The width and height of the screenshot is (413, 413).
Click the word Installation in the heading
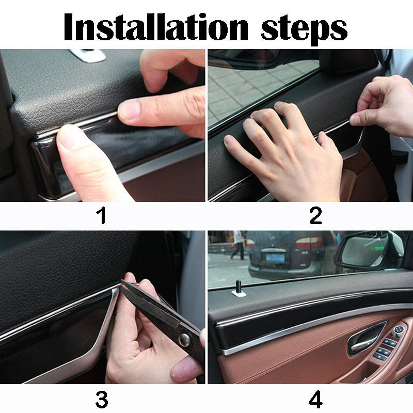pos(156,27)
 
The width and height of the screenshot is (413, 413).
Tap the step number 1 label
pos(101,215)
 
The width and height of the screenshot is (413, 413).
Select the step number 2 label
pos(315,215)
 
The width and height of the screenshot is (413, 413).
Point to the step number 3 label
pos(102,400)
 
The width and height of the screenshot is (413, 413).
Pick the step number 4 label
pos(315,400)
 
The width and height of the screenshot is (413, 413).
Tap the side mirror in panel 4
pos(369,252)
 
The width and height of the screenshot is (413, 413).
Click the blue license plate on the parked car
pos(275,258)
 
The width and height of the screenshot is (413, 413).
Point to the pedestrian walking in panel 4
pos(239,245)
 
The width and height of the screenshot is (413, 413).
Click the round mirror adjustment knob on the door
pos(399,330)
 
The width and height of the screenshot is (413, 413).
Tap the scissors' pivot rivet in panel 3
pos(184,340)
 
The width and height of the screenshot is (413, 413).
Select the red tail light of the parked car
pos(309,242)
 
